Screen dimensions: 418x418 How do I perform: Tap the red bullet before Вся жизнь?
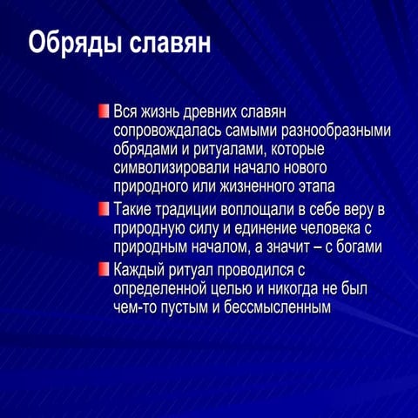(104, 112)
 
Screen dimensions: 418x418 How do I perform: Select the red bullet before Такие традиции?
(104, 209)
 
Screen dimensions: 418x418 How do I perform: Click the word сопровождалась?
(161, 131)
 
